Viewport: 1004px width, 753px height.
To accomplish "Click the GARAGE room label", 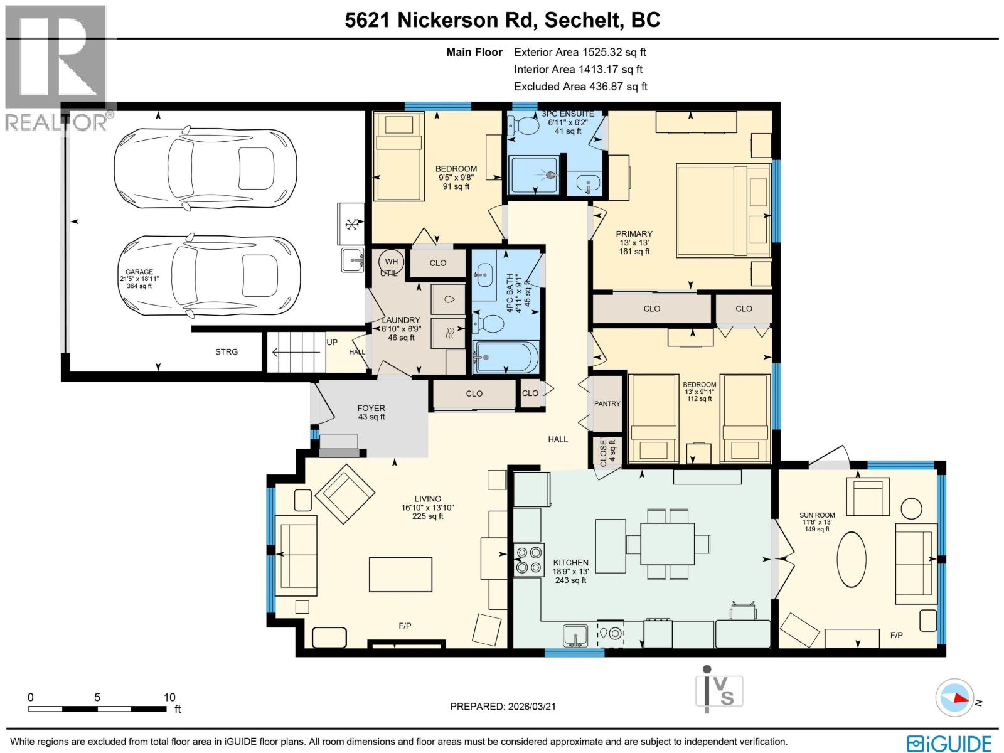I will coord(139,272).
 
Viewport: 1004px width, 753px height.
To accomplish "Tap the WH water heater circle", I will coord(391,262).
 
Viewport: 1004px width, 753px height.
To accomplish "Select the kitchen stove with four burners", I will coord(528,560).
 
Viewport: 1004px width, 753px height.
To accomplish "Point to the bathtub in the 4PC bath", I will coord(506,358).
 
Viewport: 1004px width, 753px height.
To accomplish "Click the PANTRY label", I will coord(607,403).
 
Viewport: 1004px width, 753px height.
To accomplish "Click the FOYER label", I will coord(371,408).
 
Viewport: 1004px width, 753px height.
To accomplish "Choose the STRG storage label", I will coord(227,351).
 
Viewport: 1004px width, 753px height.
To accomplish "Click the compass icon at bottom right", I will coord(954,698).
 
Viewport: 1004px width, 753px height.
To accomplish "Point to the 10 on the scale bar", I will coord(169,697).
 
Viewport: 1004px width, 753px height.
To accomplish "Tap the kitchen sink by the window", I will coord(575,635).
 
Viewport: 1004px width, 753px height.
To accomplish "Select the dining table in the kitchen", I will coord(667,543).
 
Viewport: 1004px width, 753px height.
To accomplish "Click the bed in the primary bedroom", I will coord(723,211).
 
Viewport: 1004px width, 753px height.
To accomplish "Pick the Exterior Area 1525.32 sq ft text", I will coord(580,53).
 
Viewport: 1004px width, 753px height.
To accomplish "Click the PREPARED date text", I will coord(503,706).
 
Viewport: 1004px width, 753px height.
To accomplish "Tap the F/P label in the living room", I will coord(405,626).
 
